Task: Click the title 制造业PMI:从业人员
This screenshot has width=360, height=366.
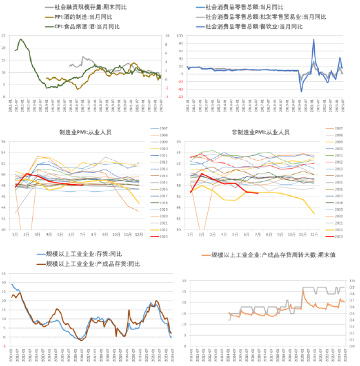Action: (x=81, y=132)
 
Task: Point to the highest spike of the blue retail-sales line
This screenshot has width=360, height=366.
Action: (x=314, y=40)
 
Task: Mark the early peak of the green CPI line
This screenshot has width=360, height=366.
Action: (x=21, y=39)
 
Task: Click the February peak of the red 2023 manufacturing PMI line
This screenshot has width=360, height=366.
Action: (x=27, y=174)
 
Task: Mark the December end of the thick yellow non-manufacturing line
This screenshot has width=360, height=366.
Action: (x=314, y=213)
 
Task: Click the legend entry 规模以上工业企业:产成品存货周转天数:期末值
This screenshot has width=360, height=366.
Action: (x=275, y=254)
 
